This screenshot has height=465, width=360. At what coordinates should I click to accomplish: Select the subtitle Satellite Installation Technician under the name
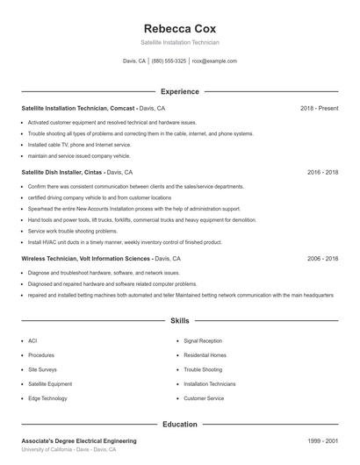179,42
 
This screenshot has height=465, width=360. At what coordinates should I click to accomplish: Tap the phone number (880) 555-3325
169,61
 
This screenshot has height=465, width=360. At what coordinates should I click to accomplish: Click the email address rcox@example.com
214,61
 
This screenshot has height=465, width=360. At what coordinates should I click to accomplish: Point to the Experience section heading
179,91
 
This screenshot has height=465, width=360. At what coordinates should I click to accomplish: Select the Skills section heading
179,321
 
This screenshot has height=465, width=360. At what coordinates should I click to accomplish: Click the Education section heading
179,425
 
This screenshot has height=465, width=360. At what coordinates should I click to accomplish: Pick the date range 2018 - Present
319,108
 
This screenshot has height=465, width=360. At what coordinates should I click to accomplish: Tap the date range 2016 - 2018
322,173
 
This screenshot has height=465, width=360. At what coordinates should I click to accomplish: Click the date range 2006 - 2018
322,259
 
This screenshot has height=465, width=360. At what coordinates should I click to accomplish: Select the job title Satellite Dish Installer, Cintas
68,173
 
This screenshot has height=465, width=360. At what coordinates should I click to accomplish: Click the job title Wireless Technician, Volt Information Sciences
85,259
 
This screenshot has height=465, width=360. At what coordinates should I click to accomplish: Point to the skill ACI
32,340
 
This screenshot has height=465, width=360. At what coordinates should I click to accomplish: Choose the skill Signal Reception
203,340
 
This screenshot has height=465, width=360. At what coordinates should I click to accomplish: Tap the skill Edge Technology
47,398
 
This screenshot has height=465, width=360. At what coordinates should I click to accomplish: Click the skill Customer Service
204,398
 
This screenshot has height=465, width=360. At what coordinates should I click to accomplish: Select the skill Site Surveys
41,369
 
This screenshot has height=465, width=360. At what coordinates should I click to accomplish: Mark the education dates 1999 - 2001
322,440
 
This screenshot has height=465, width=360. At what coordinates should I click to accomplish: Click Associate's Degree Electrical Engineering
79,440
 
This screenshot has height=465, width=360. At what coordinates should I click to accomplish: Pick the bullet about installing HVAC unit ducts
116,240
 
